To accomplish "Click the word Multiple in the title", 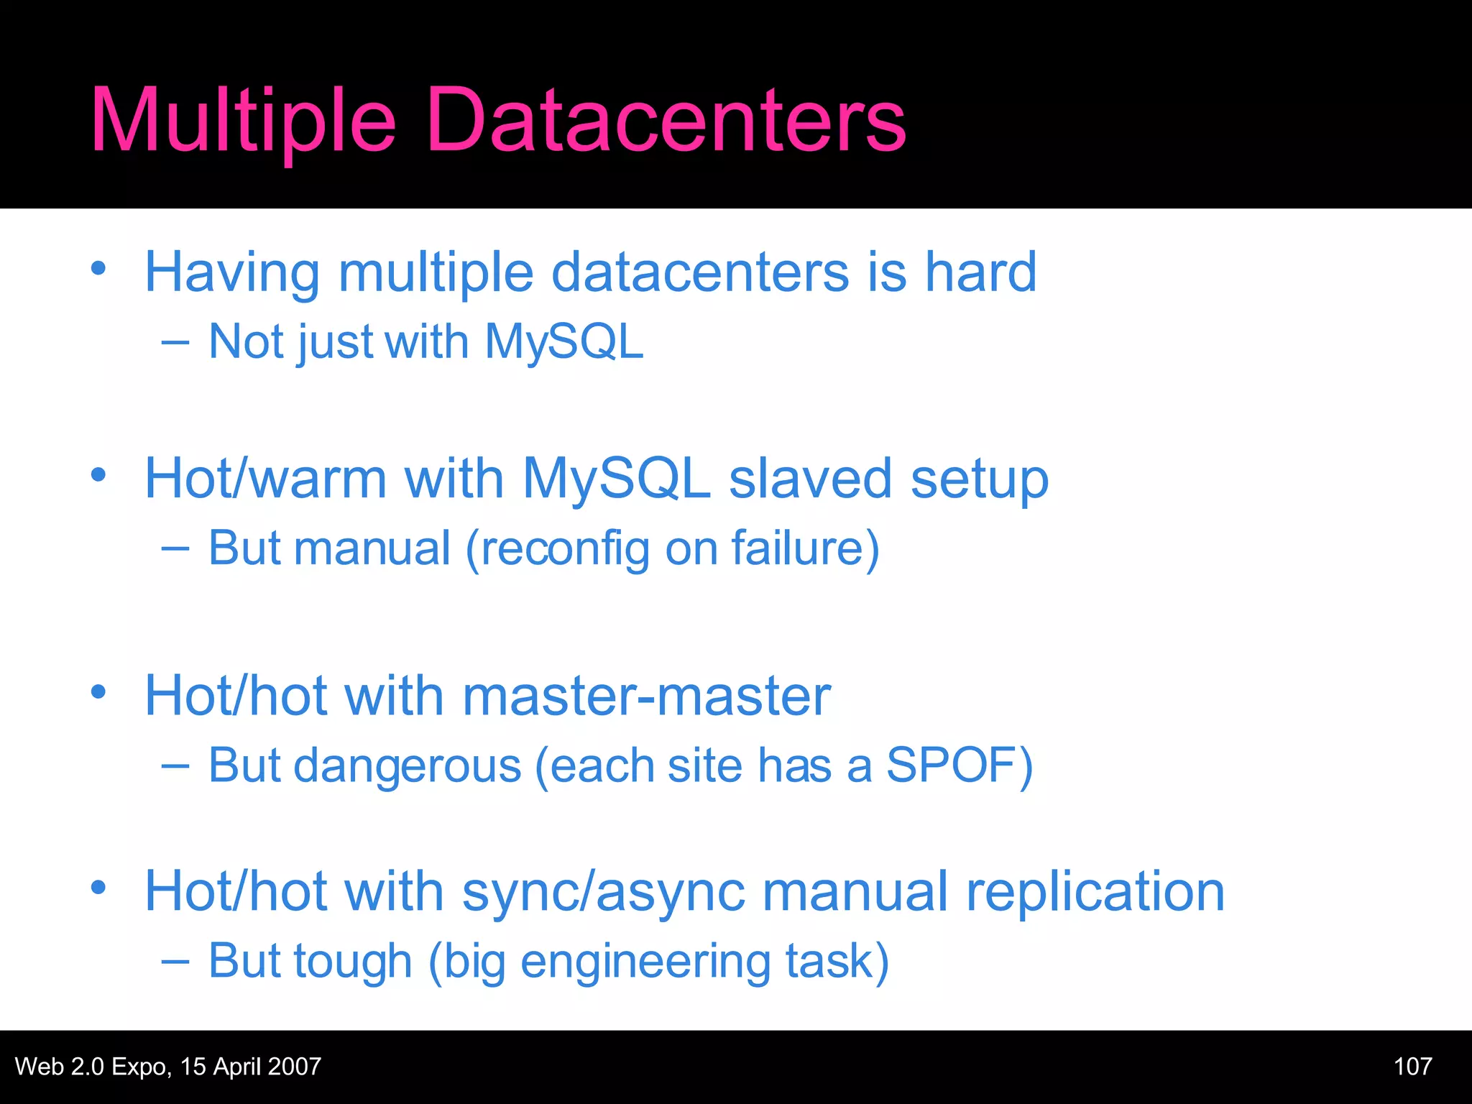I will tap(243, 121).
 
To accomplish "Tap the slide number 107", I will tap(1412, 1067).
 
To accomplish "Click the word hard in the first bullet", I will tap(980, 272).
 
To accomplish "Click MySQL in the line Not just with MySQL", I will tap(563, 341).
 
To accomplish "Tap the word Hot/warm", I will tap(265, 479).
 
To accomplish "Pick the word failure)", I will tap(805, 549).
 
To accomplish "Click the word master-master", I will tap(646, 696).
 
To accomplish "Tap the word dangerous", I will tap(407, 766).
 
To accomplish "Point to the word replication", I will tap(1095, 892).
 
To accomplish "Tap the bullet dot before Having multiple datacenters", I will tap(98, 269).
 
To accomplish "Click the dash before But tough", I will tap(175, 961).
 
